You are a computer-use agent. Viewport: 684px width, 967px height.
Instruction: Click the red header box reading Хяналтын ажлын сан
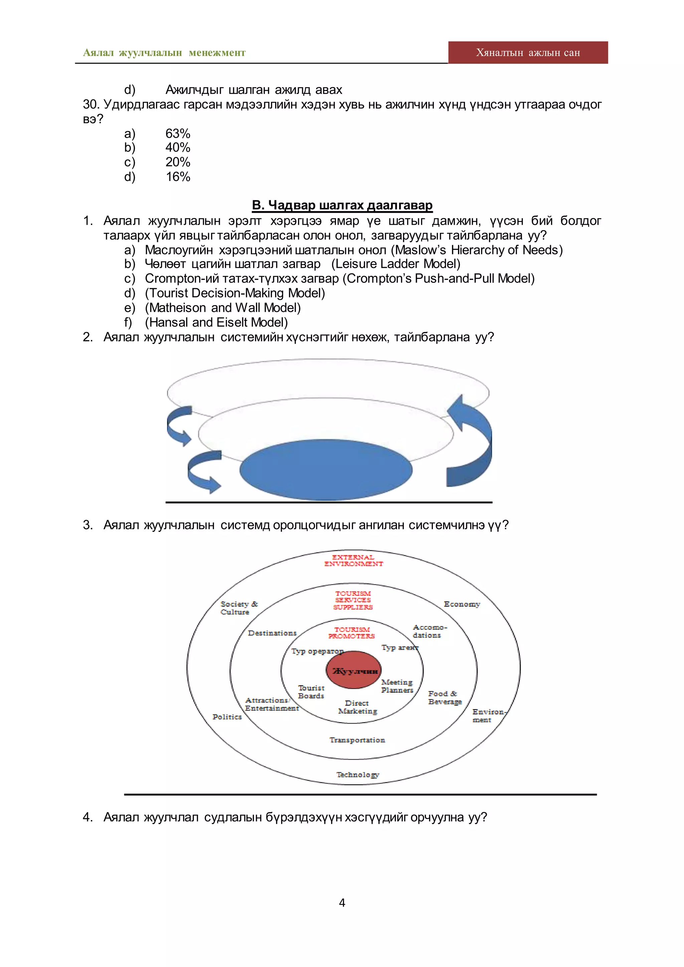click(528, 53)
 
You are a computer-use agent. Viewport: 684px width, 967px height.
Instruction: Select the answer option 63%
click(178, 134)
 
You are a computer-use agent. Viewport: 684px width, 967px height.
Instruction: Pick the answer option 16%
click(178, 177)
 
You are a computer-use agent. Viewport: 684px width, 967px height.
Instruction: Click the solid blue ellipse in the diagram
click(326, 469)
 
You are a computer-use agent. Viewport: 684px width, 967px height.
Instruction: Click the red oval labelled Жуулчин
click(354, 671)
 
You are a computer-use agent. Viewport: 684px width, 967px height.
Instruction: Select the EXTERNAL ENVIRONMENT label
click(353, 561)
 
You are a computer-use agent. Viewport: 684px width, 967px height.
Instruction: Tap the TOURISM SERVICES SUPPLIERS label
click(353, 600)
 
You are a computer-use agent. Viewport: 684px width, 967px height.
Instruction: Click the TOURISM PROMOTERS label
click(352, 633)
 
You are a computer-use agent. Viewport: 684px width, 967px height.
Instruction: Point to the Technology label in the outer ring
click(358, 775)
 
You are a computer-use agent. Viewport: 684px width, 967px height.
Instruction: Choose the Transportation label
click(357, 740)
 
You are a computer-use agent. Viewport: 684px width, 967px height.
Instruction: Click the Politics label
click(227, 717)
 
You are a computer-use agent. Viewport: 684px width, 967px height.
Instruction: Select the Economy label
click(462, 604)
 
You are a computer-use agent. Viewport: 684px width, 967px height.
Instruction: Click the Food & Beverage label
click(445, 698)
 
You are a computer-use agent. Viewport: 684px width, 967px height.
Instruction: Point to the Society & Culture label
click(238, 608)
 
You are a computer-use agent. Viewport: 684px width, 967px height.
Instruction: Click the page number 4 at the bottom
click(342, 903)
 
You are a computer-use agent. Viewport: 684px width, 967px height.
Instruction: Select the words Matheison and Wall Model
click(223, 308)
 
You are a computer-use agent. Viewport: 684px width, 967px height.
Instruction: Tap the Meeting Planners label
click(397, 686)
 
